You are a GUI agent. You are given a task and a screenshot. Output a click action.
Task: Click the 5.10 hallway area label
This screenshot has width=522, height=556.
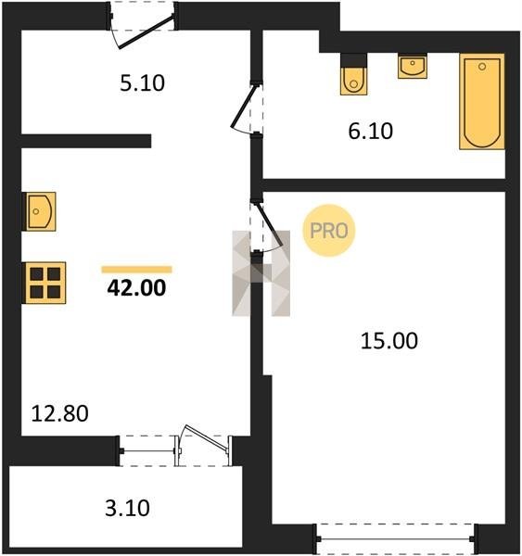(x=142, y=83)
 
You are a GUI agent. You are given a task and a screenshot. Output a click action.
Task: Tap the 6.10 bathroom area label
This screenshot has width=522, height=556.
(x=371, y=131)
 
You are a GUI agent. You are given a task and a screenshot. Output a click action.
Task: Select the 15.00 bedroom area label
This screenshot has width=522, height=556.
(x=389, y=340)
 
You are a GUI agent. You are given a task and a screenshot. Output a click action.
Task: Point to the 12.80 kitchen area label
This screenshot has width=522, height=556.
(x=60, y=413)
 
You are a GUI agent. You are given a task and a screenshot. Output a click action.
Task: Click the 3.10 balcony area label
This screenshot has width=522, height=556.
(x=127, y=508)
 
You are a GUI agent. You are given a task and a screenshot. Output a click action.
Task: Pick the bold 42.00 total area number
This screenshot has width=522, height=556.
(x=136, y=287)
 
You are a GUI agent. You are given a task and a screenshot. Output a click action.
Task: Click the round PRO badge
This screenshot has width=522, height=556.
(x=329, y=231)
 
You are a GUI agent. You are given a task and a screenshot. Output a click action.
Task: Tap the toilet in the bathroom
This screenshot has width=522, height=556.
(x=353, y=74)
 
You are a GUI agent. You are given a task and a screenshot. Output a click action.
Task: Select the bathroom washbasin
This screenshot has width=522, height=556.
(x=413, y=67)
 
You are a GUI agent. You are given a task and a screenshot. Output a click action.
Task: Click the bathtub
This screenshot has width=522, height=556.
(x=482, y=101)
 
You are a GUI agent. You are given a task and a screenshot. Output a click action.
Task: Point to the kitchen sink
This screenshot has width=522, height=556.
(x=40, y=211)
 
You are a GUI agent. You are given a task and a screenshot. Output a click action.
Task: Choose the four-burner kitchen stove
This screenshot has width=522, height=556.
(x=45, y=283)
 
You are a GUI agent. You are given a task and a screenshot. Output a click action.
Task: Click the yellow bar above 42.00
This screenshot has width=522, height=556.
(x=136, y=270)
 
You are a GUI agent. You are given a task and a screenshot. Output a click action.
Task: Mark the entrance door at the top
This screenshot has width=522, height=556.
(x=142, y=25)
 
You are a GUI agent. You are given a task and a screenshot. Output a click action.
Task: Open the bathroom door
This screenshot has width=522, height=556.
(x=248, y=108)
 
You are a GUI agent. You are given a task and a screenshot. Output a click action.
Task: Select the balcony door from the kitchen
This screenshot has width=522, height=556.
(x=204, y=446)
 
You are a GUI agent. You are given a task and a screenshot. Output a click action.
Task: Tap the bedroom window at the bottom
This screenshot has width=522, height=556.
(x=395, y=539)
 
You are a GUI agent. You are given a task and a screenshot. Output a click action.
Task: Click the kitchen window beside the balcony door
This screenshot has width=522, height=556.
(x=146, y=451)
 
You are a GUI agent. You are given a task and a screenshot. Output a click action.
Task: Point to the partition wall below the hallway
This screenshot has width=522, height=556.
(x=86, y=141)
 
